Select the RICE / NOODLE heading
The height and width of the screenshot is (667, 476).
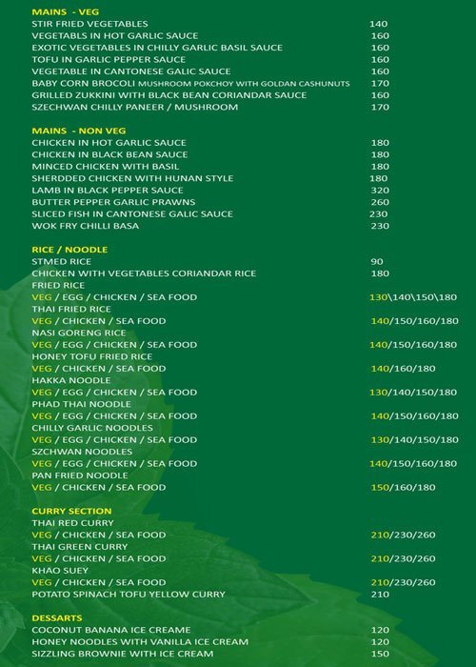pos(69,250)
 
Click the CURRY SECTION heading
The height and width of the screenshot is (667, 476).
pos(71,511)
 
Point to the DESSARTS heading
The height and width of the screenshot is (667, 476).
pos(59,618)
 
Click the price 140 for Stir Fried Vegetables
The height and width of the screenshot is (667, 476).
pos(379,23)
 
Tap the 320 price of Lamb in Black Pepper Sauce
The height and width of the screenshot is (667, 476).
pos(379,190)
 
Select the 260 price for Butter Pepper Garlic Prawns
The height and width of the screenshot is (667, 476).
pos(379,202)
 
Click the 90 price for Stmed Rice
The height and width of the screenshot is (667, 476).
pos(376,261)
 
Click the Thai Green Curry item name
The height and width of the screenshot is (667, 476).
pos(79,547)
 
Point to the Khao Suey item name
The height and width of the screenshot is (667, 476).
pos(59,571)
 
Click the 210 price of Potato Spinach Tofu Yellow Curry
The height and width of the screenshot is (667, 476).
pos(381,595)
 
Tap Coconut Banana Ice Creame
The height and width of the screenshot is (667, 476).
pos(110,631)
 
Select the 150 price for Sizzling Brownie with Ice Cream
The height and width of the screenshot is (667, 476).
pos(379,655)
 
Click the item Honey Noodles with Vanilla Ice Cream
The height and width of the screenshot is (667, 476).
pos(126,642)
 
